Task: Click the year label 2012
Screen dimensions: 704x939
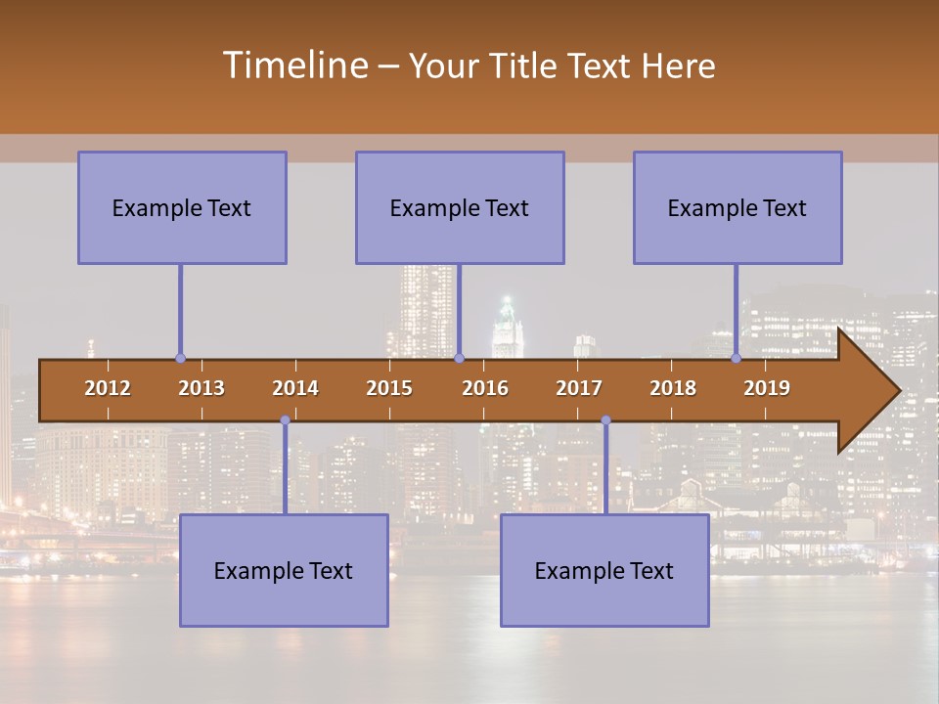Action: pyautogui.click(x=108, y=388)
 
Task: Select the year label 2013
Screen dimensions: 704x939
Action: pyautogui.click(x=201, y=388)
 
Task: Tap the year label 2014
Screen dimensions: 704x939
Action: pyautogui.click(x=295, y=388)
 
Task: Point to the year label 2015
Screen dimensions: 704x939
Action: pyautogui.click(x=389, y=388)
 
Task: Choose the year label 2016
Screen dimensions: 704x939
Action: pyautogui.click(x=485, y=388)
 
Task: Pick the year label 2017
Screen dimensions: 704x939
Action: pyautogui.click(x=579, y=388)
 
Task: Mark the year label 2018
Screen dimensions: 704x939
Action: pyautogui.click(x=673, y=388)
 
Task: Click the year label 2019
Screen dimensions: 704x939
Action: pyautogui.click(x=767, y=388)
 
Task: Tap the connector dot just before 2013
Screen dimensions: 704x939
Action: pyautogui.click(x=180, y=359)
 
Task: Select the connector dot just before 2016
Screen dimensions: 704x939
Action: pyautogui.click(x=459, y=359)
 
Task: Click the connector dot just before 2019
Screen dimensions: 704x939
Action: pyautogui.click(x=736, y=359)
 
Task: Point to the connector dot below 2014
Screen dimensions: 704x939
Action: pyautogui.click(x=285, y=420)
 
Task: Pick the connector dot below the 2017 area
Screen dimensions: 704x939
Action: pyautogui.click(x=605, y=420)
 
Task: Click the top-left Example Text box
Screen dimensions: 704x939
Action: pyautogui.click(x=182, y=207)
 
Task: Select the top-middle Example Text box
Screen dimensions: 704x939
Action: pyautogui.click(x=460, y=207)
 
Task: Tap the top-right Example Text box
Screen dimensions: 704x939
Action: pyautogui.click(x=738, y=207)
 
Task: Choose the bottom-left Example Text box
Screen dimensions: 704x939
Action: pyautogui.click(x=284, y=570)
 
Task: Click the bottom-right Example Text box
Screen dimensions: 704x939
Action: pyautogui.click(x=604, y=570)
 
